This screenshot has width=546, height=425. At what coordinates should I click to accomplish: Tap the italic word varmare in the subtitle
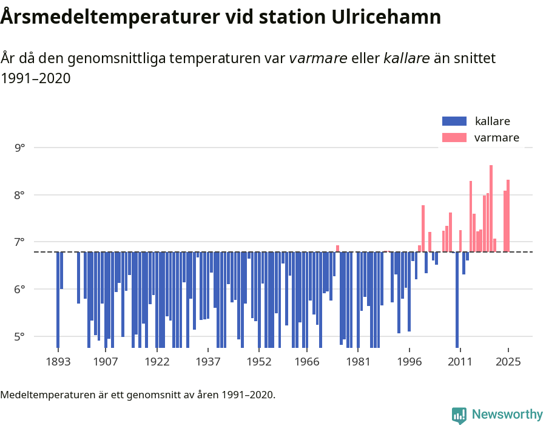coord(318,59)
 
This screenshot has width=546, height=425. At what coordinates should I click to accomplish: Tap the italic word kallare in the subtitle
coord(407,59)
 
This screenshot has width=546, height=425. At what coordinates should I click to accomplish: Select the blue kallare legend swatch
coord(454,121)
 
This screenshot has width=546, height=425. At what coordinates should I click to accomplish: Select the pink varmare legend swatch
coord(454,138)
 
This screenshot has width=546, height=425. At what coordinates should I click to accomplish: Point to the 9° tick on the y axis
coord(21,148)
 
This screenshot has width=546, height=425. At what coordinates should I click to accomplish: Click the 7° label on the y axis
coord(21,242)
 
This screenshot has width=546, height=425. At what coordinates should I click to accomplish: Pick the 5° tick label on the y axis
coord(21,336)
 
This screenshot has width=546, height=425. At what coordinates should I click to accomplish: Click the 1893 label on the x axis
coord(58,362)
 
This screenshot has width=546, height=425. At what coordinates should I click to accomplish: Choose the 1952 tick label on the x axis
coord(259,362)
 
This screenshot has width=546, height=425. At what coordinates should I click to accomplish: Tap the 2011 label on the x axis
coord(460,362)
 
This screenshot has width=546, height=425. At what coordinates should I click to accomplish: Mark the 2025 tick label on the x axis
coord(508,362)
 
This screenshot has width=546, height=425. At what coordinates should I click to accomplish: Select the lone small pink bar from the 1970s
coord(338,248)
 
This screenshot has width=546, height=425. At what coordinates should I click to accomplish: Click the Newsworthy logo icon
coord(459,415)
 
